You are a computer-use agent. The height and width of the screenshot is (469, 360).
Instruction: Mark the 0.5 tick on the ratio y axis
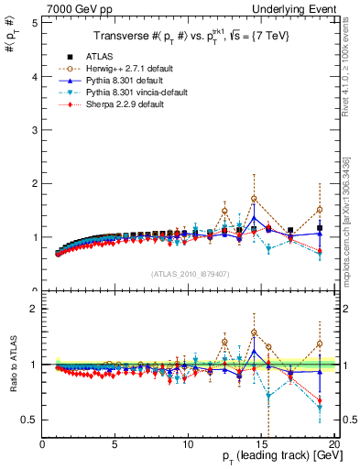click(31, 420)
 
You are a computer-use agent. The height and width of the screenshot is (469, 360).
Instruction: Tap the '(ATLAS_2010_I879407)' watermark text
click(189, 273)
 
